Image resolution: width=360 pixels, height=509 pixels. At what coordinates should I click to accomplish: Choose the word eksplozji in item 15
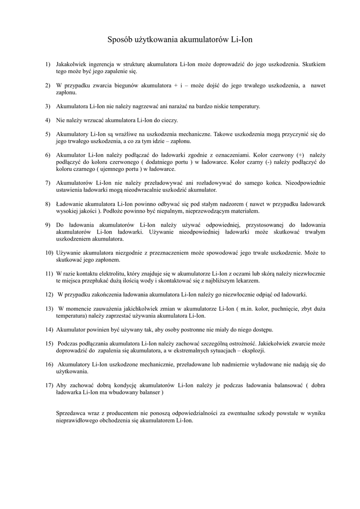(253, 350)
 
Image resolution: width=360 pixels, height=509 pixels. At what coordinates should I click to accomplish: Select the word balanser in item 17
(149, 392)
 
